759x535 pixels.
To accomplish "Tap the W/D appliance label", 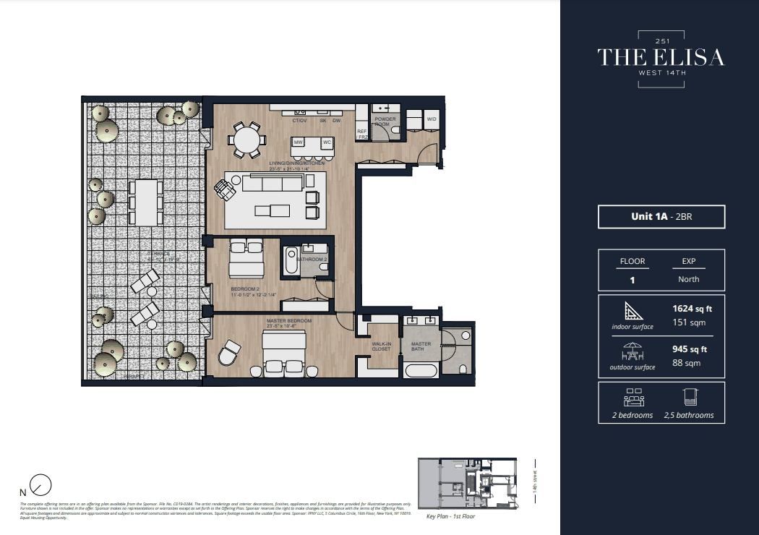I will pos(432,119).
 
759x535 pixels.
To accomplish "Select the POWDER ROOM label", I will pos(382,121).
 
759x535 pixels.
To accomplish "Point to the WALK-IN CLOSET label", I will pos(381,346).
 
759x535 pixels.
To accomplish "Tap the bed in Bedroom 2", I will pos(246,260).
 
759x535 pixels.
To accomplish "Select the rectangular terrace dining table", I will pos(145,202).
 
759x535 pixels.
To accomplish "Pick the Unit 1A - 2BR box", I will pos(661,217).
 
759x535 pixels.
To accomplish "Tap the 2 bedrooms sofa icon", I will pos(632,397).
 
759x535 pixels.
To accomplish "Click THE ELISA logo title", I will pos(660,57).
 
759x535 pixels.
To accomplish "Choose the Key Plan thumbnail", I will pos(468,484).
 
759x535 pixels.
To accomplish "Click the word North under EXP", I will pos(688,279).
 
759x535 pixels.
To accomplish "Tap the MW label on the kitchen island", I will pos(298,142).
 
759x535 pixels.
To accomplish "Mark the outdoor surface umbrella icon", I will pos(632,351).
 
